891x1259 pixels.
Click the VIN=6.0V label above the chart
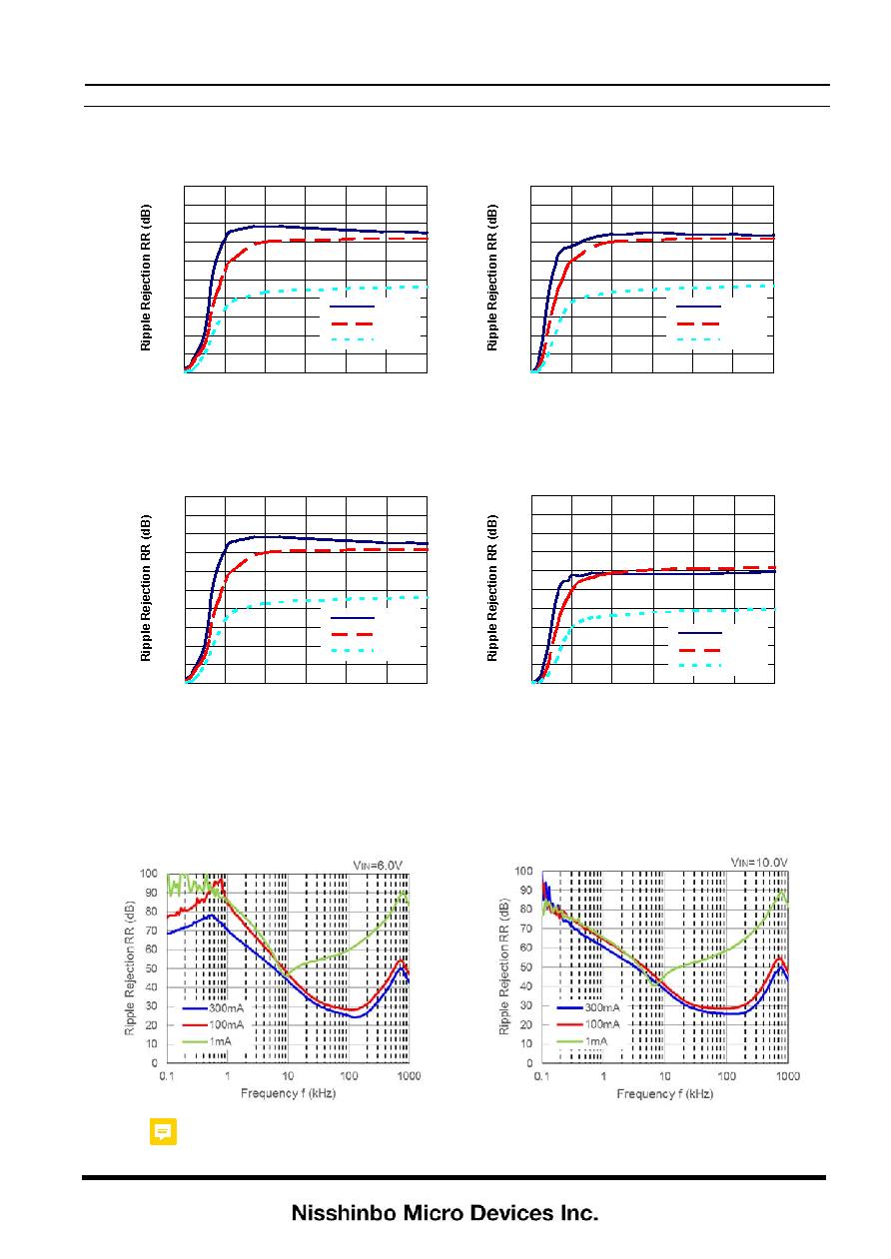(x=378, y=866)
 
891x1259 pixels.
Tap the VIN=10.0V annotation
(x=759, y=863)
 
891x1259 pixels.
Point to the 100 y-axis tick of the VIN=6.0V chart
(x=149, y=874)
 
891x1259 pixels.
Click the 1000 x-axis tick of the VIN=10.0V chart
(x=788, y=1075)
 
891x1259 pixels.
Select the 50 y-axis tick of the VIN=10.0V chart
(x=526, y=966)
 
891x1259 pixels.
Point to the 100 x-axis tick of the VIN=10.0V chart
(x=726, y=1075)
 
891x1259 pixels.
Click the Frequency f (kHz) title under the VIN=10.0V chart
(x=665, y=1093)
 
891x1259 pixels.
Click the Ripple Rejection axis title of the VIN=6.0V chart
(x=130, y=967)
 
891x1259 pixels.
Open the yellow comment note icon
(x=163, y=1131)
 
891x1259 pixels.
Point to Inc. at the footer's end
(x=579, y=1213)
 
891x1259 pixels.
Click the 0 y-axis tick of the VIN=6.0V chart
(x=154, y=1063)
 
